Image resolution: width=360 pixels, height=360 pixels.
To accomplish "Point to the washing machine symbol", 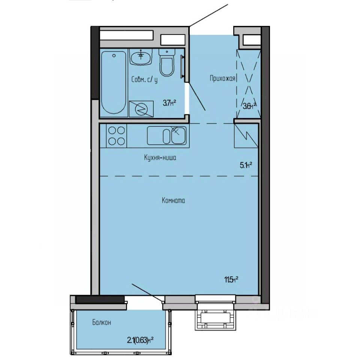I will (141, 109).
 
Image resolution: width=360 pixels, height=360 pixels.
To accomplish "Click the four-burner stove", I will (116, 136).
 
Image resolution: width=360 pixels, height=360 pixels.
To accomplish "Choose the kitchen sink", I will (166, 135).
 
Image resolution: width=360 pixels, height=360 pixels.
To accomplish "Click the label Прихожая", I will (222, 78).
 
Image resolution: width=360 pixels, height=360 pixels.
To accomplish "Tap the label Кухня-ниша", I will (160, 158).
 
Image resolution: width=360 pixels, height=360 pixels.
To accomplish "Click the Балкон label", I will (101, 322).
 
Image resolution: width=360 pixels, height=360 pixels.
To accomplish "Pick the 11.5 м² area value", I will (231, 279).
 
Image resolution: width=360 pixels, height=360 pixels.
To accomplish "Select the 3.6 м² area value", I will (249, 105).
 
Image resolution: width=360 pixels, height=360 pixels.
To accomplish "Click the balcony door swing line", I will (147, 292).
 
